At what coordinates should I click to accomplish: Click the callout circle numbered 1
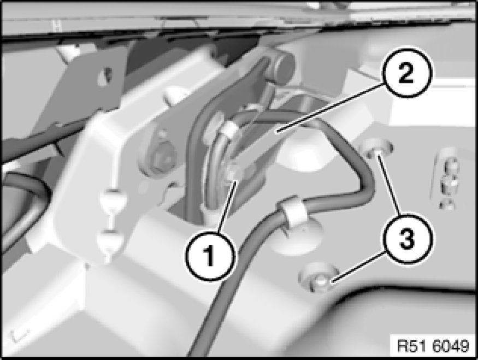click(211, 256)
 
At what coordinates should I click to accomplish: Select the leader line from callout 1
click(227, 207)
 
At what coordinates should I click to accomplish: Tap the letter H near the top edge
click(57, 26)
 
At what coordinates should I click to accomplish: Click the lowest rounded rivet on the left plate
click(109, 240)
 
